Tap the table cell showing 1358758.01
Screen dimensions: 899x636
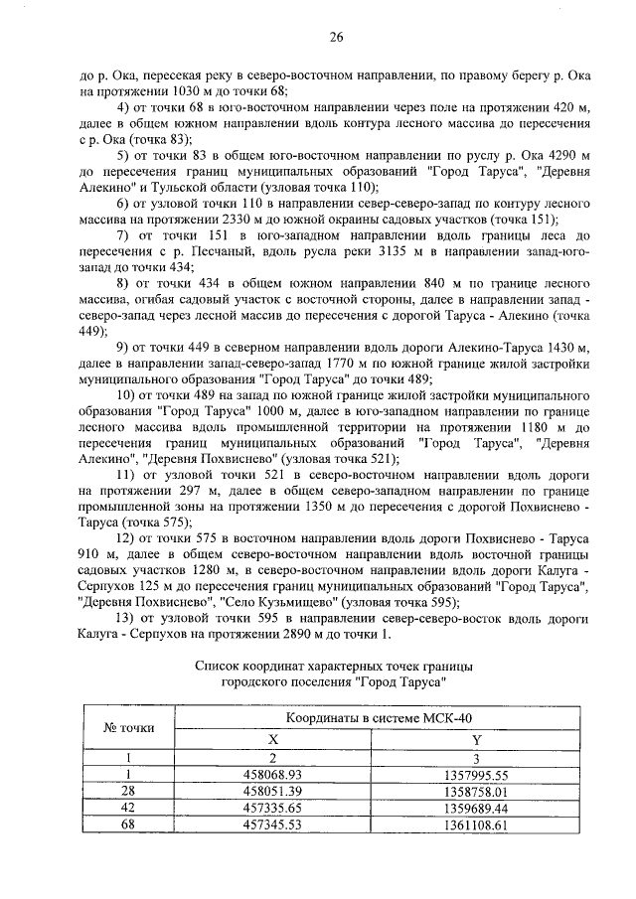tap(477, 791)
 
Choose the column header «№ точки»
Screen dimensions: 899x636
tap(128, 727)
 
